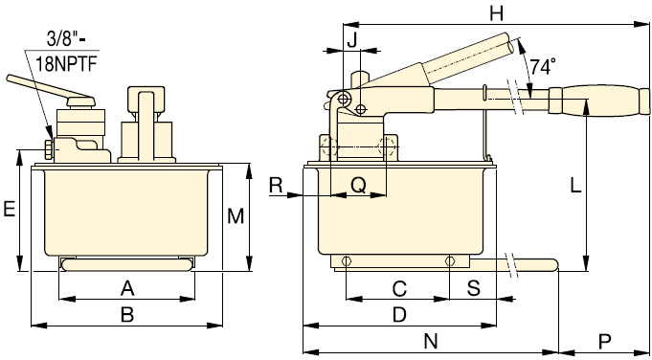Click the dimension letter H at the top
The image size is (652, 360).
[x=496, y=14]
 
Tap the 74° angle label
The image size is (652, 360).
[x=542, y=66]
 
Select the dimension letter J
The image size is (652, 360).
[x=352, y=40]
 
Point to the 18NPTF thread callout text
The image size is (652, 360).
[x=66, y=64]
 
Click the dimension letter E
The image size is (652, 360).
[x=10, y=209]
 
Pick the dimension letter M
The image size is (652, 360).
[x=236, y=216]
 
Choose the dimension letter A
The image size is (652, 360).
[x=127, y=288]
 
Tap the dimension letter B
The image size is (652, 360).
[x=127, y=315]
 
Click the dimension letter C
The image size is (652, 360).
[x=399, y=288]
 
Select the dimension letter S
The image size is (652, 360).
[x=474, y=288]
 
